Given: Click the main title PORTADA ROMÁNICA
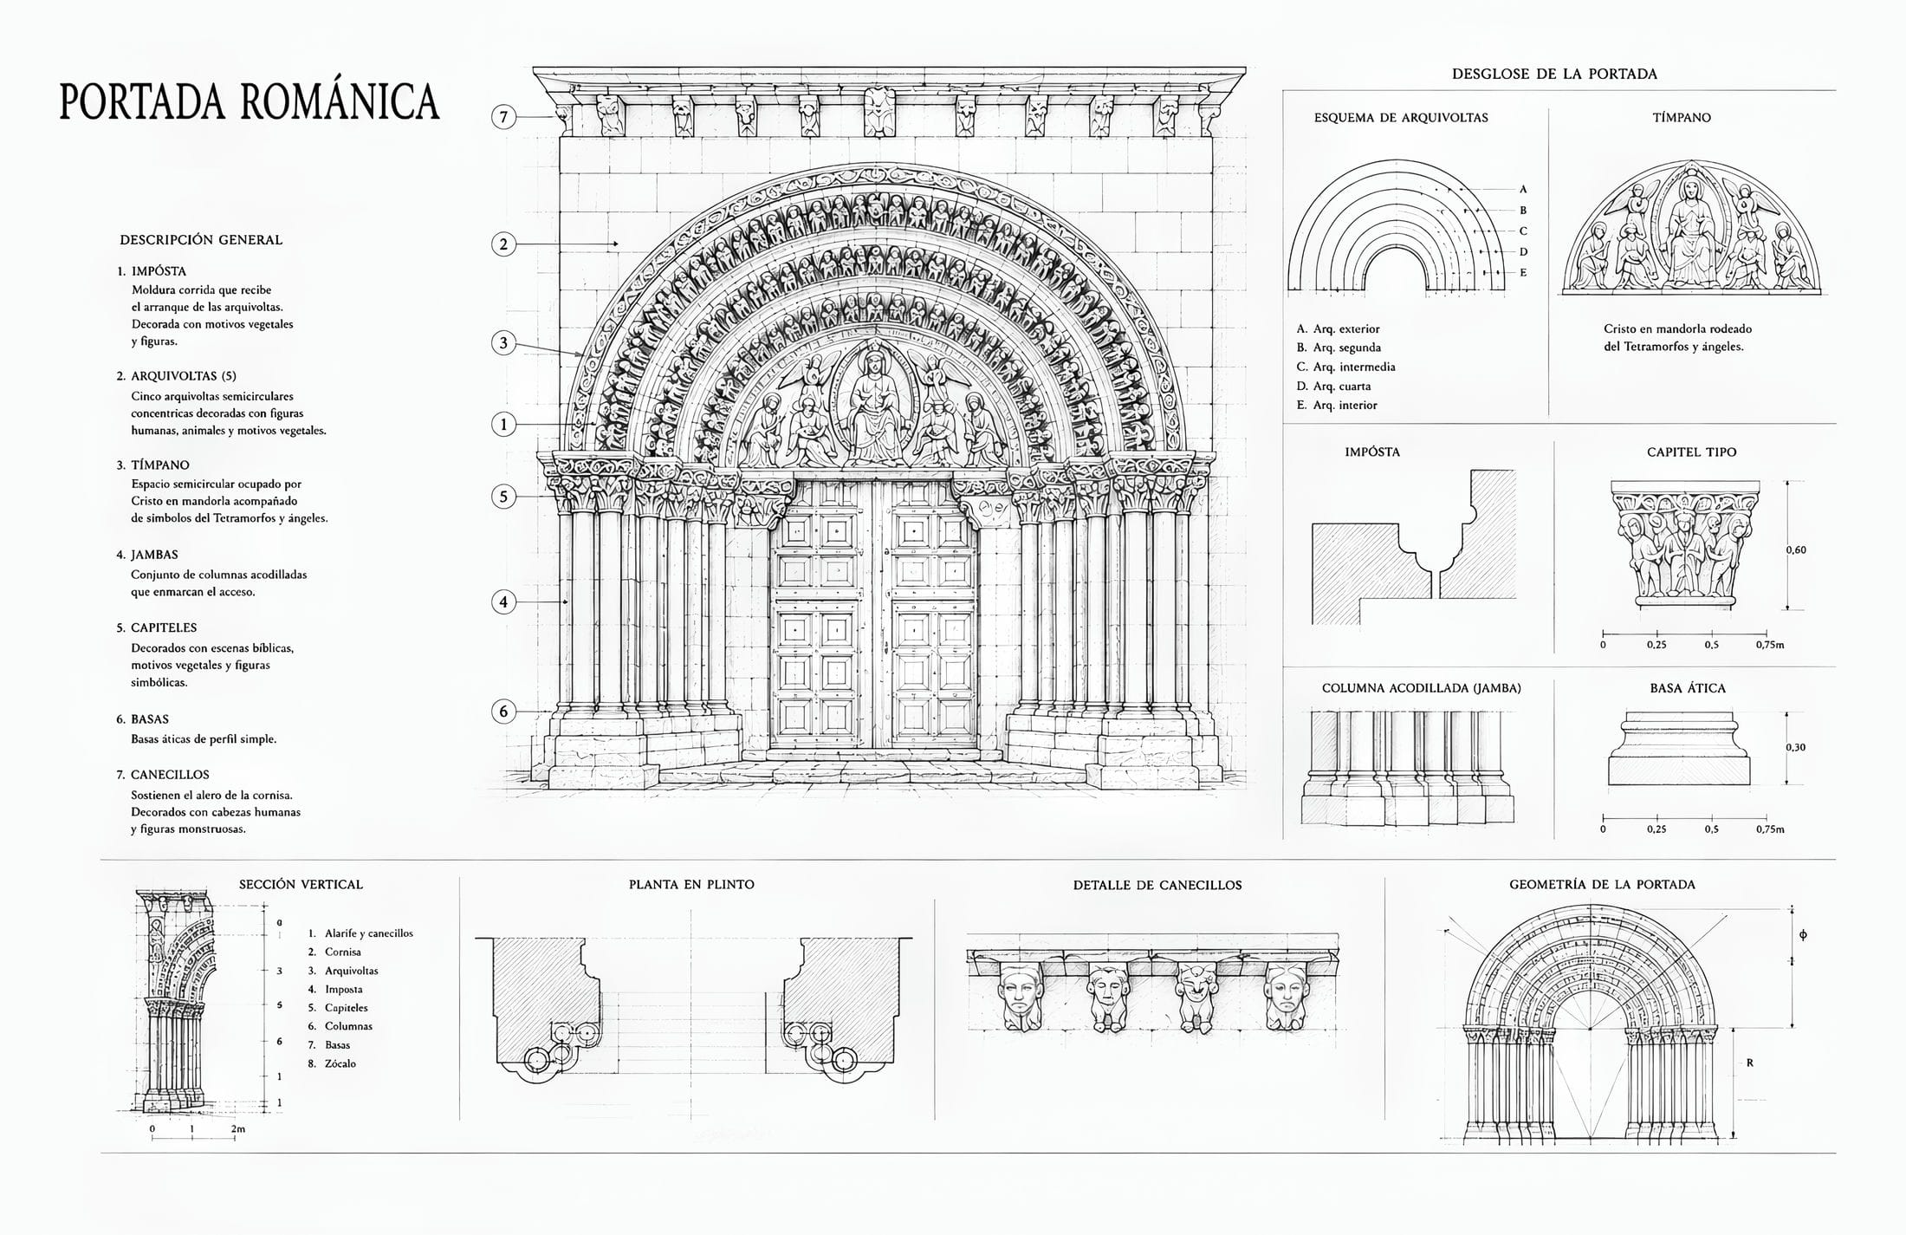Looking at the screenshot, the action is click(250, 101).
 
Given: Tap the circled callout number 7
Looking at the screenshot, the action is click(504, 117).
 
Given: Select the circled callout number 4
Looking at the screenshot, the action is click(504, 601).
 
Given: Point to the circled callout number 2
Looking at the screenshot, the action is click(504, 244).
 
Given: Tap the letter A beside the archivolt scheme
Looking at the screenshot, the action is click(1523, 189).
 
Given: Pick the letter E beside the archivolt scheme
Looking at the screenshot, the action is click(1523, 272).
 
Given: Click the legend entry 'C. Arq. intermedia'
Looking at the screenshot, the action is click(1345, 367).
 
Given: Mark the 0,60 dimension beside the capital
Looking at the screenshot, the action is click(1796, 549).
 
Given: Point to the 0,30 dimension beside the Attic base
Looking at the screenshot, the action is click(1796, 747).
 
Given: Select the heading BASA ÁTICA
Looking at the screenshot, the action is click(1688, 688).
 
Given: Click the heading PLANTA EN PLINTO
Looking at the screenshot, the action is click(691, 885).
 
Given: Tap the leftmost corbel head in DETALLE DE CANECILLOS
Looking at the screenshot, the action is click(1021, 998).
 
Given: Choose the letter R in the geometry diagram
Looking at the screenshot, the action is click(1750, 1063).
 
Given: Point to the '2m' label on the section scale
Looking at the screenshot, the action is click(237, 1129).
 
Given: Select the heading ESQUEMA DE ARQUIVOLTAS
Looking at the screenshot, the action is click(1401, 118).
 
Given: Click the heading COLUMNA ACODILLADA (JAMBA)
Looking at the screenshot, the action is click(1421, 688).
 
